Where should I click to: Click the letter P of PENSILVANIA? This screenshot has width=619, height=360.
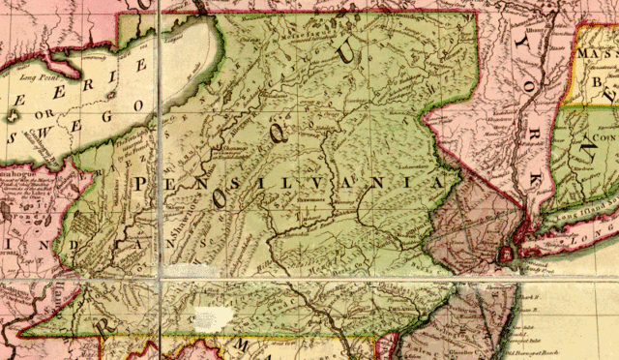pos(143,183)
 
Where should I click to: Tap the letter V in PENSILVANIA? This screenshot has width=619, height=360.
pos(359,182)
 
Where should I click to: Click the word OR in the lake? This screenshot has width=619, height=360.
pos(43,115)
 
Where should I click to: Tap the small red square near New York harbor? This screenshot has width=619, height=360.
pos(505,254)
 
